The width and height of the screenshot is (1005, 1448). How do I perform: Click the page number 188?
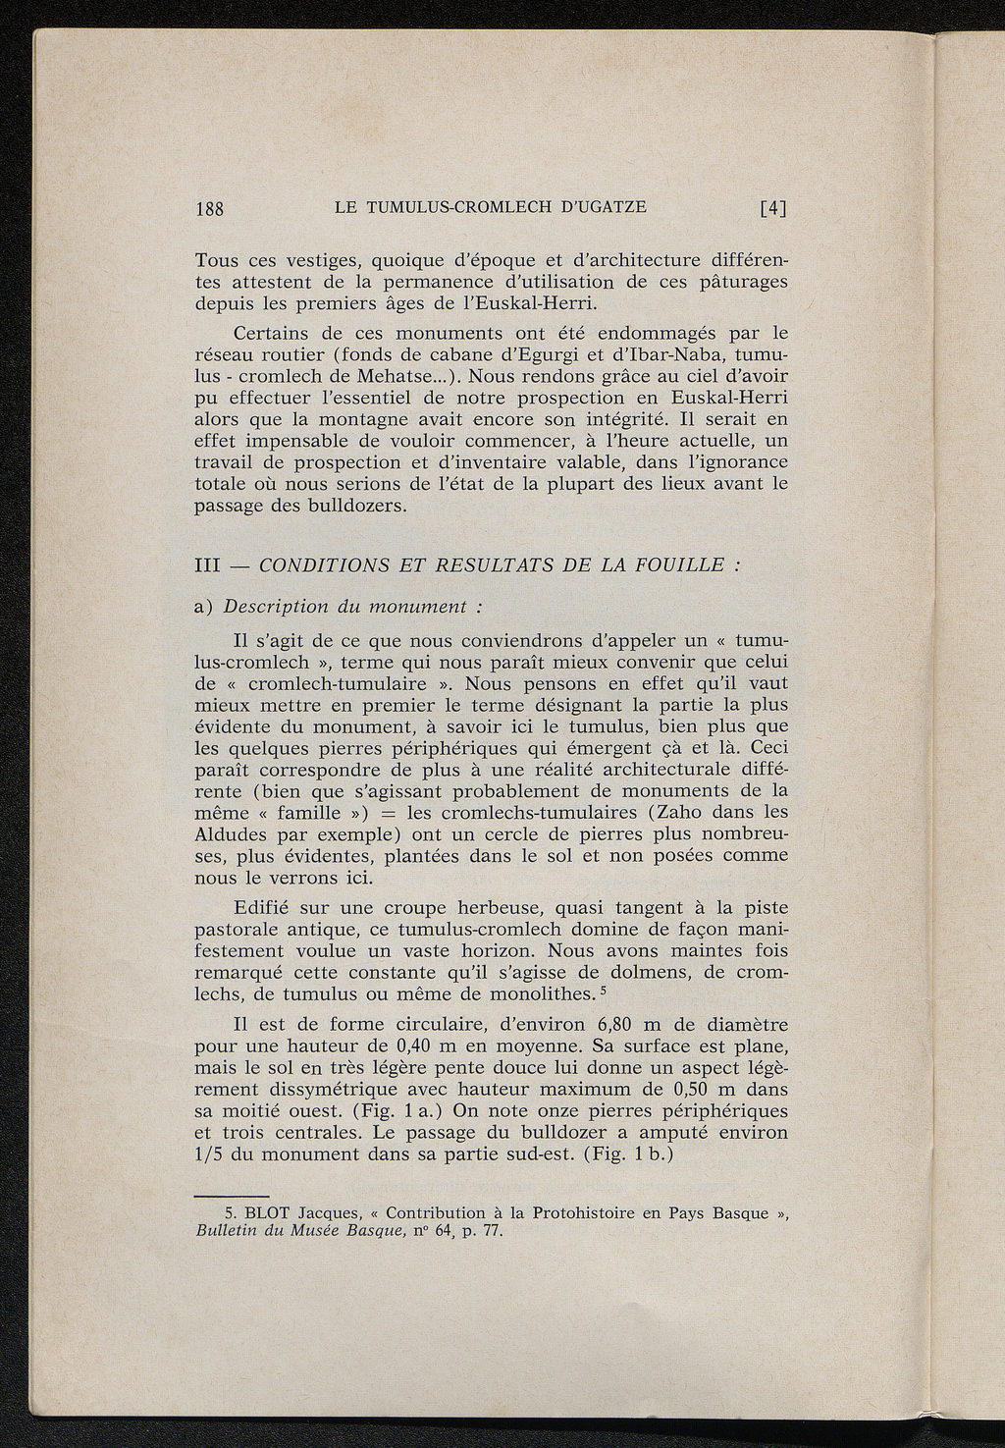(211, 207)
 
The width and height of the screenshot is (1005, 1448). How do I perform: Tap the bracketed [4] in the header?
(773, 207)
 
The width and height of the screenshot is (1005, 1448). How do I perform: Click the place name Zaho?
(673, 813)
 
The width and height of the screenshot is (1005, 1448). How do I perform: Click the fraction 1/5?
(210, 1154)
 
